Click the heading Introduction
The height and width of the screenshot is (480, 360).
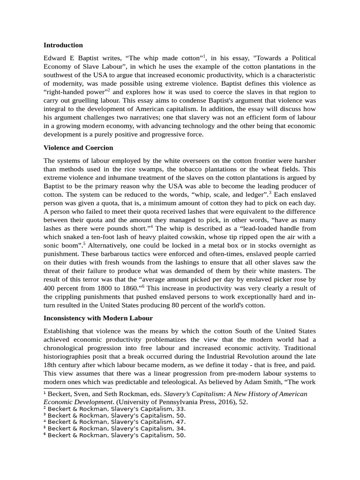point(63,45)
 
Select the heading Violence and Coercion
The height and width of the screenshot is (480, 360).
point(78,148)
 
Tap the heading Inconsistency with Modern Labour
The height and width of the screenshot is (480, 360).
point(98,318)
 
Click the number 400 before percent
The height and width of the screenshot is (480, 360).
point(51,288)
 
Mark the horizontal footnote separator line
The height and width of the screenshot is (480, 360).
point(77,389)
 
